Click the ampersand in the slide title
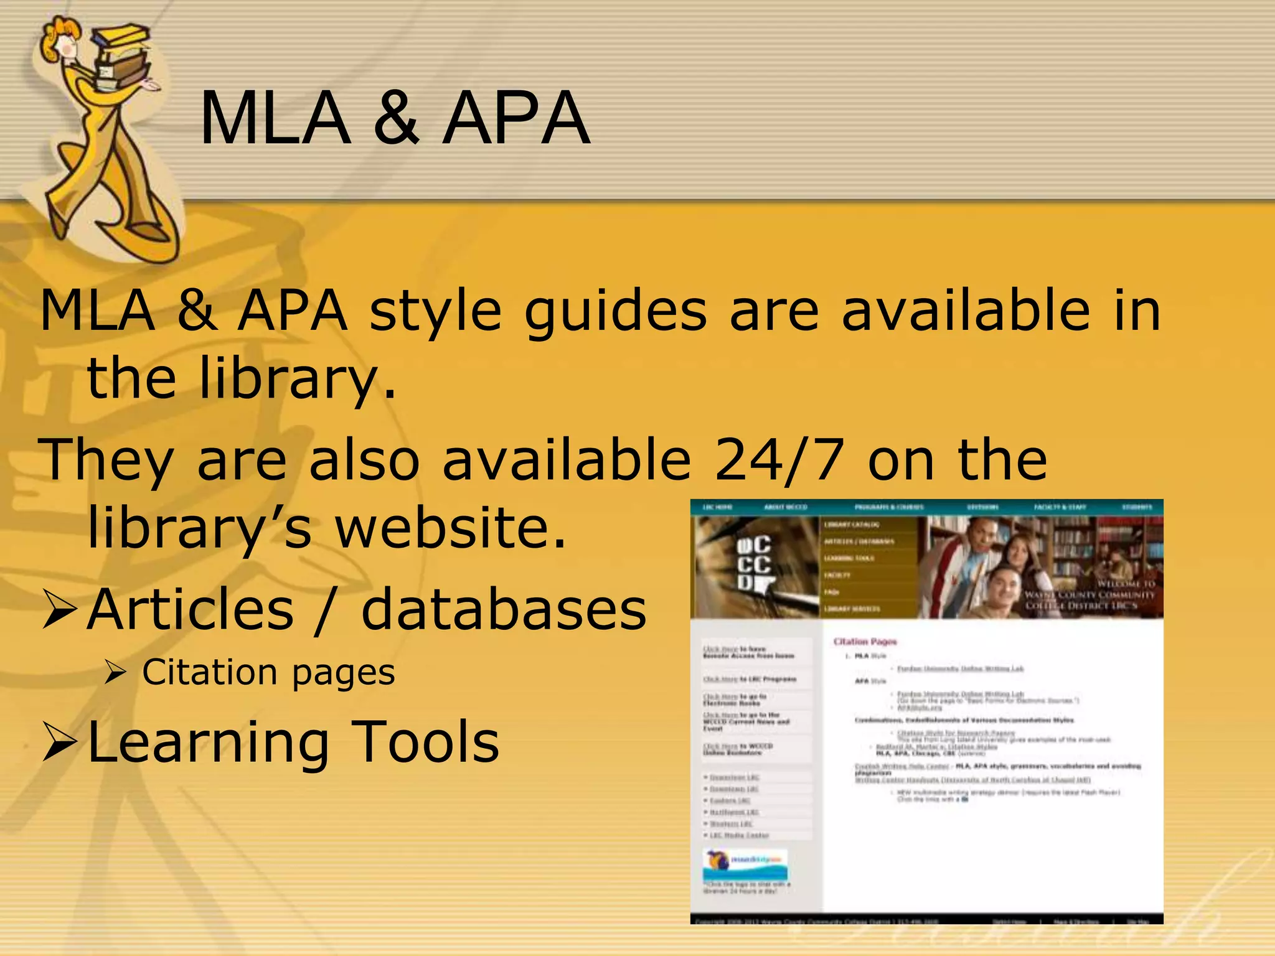click(396, 118)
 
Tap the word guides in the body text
click(615, 311)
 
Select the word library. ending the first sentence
click(298, 380)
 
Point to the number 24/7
click(779, 461)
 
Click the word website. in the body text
click(451, 528)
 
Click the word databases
click(504, 610)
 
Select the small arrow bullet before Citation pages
click(116, 673)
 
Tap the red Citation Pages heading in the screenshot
click(865, 642)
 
